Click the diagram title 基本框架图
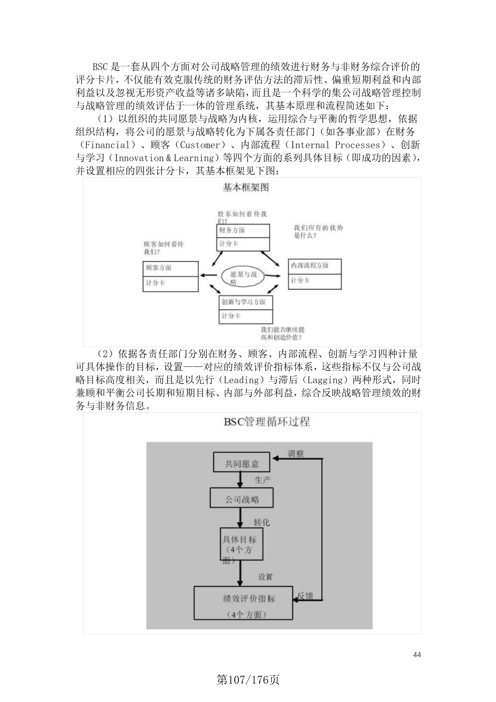click(245, 187)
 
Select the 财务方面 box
click(243, 237)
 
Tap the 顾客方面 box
click(170, 276)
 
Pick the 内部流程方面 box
click(315, 274)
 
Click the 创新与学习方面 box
click(246, 309)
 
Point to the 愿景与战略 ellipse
click(243, 277)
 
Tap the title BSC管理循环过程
click(266, 422)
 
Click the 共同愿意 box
click(242, 463)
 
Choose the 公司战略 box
click(242, 499)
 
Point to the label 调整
click(296, 454)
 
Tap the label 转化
click(262, 522)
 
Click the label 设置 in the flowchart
click(265, 577)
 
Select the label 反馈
click(305, 596)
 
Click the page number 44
click(417, 655)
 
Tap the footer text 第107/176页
click(248, 680)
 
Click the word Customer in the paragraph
click(200, 145)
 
